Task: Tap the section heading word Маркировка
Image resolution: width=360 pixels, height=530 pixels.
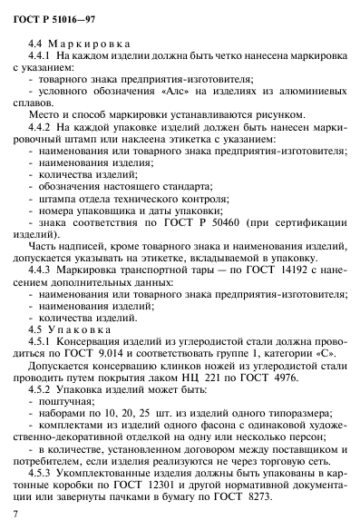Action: point(90,42)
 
